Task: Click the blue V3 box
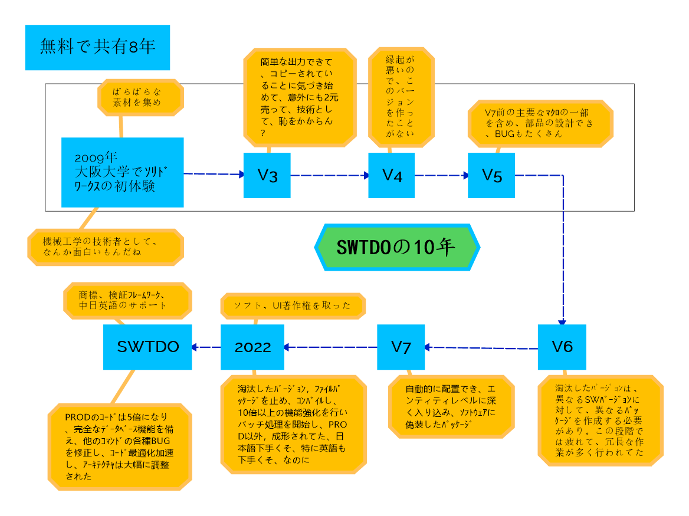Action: click(x=267, y=175)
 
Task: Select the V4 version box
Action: click(x=392, y=175)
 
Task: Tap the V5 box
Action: click(x=491, y=175)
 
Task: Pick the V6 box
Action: click(x=562, y=347)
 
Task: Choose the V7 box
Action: click(x=401, y=347)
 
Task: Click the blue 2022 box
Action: click(x=252, y=347)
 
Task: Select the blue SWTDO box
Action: click(x=147, y=347)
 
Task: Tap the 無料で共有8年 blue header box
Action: click(x=97, y=48)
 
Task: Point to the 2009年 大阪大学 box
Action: click(x=123, y=172)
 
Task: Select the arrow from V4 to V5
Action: click(x=441, y=175)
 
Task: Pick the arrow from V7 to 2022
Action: click(x=330, y=347)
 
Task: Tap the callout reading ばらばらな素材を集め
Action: click(x=140, y=97)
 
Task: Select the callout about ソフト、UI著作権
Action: click(x=293, y=305)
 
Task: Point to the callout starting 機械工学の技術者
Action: click(x=105, y=247)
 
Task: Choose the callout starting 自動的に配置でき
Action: click(x=451, y=407)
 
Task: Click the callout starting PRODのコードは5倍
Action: click(x=120, y=446)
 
